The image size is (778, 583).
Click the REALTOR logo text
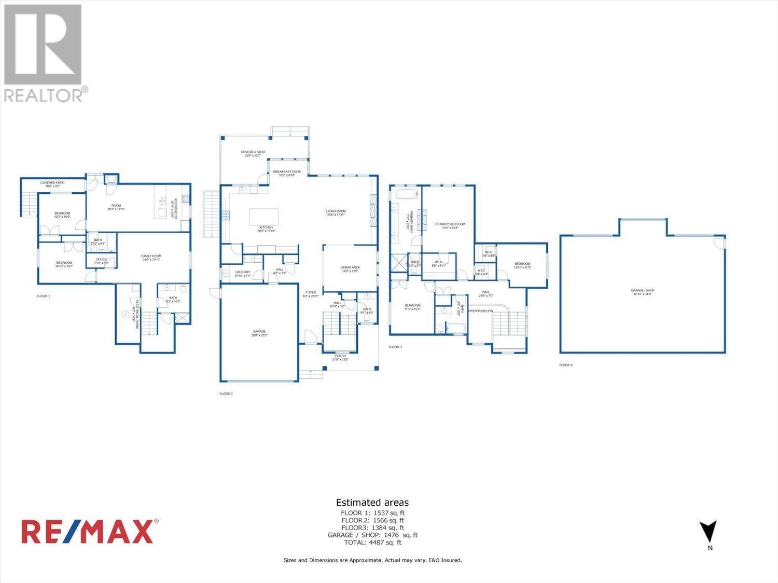44,95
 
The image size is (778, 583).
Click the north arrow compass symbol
708,532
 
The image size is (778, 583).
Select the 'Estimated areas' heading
372,502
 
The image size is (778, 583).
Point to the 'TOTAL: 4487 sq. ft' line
372,543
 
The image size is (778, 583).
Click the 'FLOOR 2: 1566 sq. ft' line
372,520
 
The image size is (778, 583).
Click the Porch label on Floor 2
340,357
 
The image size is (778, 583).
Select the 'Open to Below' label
481,311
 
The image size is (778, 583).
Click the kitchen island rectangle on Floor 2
264,216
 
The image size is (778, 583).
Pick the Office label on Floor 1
101,261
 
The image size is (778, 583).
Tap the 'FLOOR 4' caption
566,365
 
